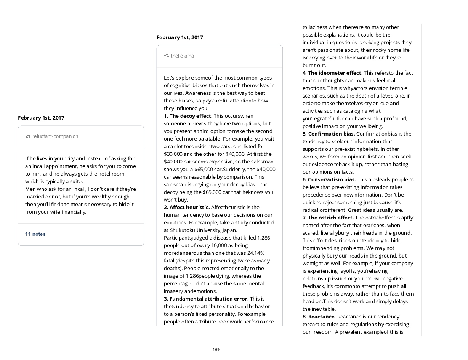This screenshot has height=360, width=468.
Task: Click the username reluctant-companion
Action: tap(55, 136)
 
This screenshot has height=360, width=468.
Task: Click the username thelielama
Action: tap(183, 56)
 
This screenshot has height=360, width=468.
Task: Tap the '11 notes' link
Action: tap(35, 234)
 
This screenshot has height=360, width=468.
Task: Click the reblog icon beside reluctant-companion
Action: tap(28, 137)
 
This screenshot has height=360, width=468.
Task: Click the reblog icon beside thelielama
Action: tap(167, 56)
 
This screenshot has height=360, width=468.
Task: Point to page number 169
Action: tap(216, 350)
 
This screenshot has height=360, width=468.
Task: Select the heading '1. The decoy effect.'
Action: tap(188, 116)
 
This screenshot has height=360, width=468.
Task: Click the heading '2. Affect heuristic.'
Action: tap(187, 207)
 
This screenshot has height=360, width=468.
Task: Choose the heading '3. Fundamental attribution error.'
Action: tap(206, 299)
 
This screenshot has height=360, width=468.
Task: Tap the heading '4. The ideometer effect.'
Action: tap(332, 73)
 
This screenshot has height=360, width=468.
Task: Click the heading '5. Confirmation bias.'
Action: tap(329, 134)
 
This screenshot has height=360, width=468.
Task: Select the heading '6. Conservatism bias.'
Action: tap(329, 179)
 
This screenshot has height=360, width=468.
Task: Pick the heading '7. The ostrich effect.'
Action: tap(328, 218)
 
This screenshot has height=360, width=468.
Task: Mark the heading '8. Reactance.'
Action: tap(319, 317)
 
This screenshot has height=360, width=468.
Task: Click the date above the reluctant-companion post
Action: tap(41, 118)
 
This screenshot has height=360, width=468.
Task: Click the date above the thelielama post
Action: tap(180, 37)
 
